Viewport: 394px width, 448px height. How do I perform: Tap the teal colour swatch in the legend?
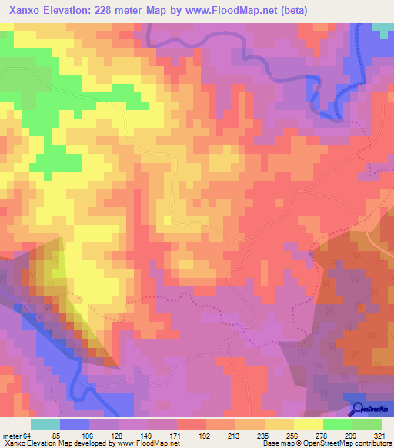click(45, 424)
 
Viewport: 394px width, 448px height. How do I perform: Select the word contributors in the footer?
click(372, 443)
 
